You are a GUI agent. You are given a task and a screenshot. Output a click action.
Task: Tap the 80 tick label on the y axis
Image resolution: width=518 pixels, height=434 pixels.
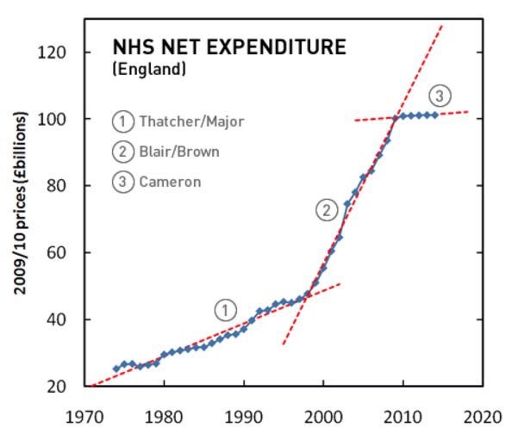58,186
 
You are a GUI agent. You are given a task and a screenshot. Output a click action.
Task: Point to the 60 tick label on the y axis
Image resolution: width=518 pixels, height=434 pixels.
58,253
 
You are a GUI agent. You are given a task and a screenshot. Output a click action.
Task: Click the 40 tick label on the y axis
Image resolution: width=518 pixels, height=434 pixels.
58,319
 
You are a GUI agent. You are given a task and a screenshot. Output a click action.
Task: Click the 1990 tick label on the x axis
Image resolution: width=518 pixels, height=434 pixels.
244,414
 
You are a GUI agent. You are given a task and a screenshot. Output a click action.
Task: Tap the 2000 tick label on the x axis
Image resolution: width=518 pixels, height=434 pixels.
323,414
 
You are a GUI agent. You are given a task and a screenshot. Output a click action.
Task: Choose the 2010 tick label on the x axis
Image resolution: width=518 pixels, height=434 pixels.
402,414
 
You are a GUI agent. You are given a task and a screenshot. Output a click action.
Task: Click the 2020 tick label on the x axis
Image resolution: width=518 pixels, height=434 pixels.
480,414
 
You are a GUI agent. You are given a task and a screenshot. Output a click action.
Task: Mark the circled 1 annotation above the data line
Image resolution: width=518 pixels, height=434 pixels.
226,309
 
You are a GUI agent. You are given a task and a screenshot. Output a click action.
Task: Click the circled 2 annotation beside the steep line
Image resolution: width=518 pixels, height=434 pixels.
326,209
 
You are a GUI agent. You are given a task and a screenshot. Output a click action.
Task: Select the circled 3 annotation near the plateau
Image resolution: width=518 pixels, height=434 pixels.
440,95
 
